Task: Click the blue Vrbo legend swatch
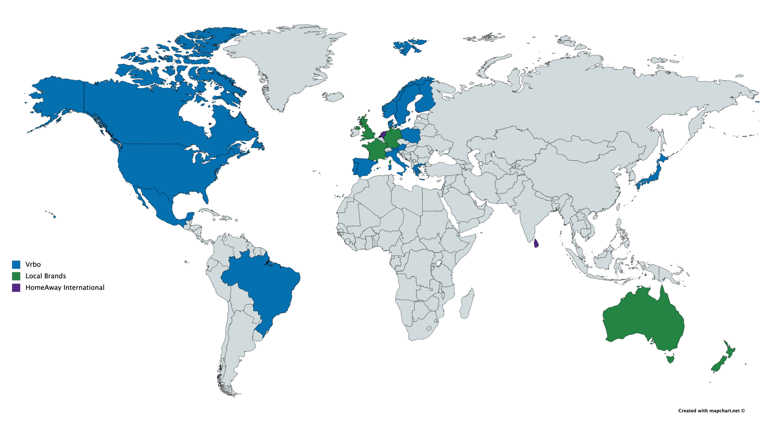click(x=16, y=265)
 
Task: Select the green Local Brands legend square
click(x=16, y=276)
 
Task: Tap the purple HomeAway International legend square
click(x=16, y=288)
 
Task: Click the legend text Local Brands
click(x=45, y=276)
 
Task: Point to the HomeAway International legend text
click(x=65, y=288)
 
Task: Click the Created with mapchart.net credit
click(x=711, y=410)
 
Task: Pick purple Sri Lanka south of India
click(x=536, y=244)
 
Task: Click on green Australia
click(x=643, y=317)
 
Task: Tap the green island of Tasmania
click(x=670, y=359)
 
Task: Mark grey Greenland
click(x=289, y=62)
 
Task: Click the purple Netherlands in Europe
click(x=383, y=134)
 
